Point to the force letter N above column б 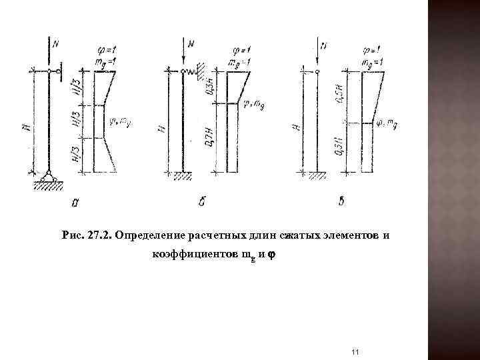coord(191,44)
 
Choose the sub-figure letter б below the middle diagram coord(201,201)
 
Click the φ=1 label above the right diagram coord(371,48)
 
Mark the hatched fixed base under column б coord(181,177)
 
